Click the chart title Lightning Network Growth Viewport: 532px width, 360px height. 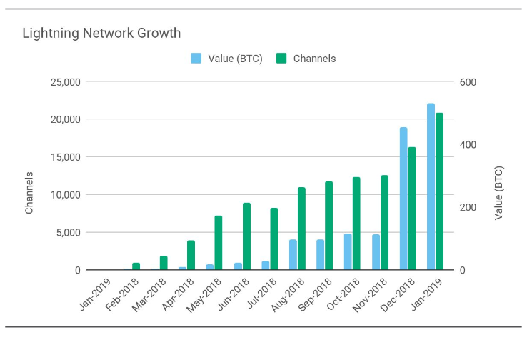101,34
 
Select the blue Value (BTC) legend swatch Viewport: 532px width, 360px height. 196,59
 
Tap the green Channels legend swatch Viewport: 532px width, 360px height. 281,59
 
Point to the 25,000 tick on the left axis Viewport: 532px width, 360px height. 66,82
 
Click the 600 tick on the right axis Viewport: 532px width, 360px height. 468,82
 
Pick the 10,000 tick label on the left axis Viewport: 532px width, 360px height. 66,195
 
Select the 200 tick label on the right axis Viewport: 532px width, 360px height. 468,207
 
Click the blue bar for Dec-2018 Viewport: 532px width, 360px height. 403,199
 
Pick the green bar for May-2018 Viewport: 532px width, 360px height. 219,243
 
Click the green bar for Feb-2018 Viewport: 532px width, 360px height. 136,266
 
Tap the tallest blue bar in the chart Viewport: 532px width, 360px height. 431,187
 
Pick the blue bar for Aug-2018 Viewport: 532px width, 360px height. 293,255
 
